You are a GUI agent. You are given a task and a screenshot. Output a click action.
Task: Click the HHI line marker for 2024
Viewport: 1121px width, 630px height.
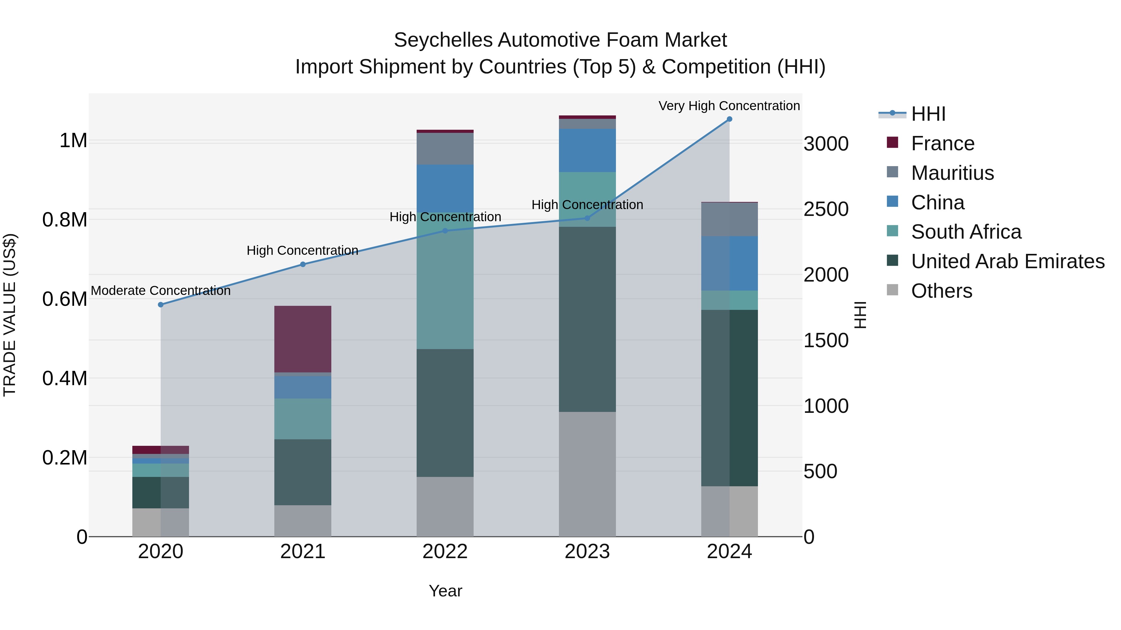729,119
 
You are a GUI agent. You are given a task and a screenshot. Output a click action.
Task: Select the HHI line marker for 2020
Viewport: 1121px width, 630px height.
161,305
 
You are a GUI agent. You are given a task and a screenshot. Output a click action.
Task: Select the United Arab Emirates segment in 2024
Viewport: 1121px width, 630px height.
729,398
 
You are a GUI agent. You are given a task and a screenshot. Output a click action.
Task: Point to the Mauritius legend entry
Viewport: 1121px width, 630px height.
952,173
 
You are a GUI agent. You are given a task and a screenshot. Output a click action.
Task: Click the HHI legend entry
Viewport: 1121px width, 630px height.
928,114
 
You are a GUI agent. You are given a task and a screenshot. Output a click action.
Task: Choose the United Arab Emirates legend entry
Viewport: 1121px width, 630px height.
1007,261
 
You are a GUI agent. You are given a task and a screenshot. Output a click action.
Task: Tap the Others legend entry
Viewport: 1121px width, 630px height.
941,291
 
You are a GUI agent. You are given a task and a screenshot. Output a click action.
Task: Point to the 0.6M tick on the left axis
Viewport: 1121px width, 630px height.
65,299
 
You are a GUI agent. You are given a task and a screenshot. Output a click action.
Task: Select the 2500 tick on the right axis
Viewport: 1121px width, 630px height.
825,209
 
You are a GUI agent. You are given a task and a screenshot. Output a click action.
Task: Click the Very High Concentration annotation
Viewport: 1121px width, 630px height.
729,106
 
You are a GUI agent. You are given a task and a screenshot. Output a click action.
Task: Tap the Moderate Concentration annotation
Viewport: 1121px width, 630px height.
161,291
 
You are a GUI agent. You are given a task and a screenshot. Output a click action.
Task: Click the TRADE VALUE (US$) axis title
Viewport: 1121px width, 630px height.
10,315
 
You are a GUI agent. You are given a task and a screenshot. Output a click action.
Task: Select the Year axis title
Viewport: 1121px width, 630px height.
445,591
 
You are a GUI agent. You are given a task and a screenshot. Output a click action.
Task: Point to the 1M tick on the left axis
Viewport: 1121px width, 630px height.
73,141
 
